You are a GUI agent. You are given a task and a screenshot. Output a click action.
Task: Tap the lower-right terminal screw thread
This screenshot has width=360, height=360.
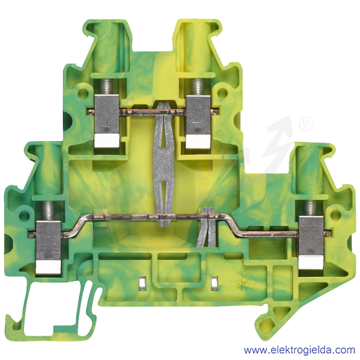pyautogui.click(x=310, y=208)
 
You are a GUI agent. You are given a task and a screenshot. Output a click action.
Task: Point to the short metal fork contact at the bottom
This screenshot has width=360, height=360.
pyautogui.click(x=208, y=227)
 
